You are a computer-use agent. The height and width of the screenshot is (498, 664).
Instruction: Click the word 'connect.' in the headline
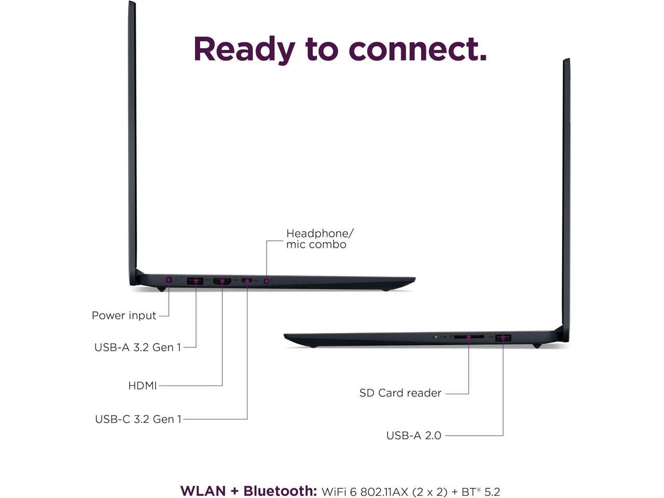[418, 49]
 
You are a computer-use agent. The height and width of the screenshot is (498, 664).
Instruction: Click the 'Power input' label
[124, 315]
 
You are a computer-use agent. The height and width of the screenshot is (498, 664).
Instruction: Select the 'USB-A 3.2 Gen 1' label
[137, 347]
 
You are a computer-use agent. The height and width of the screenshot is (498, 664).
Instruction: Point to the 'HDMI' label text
[142, 385]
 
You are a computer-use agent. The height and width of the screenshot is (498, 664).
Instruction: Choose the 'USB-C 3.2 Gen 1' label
[138, 419]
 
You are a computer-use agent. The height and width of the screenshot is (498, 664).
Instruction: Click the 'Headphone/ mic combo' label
[319, 239]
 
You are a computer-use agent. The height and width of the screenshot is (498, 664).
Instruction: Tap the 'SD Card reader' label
[400, 393]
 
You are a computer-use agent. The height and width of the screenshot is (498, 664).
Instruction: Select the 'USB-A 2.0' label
[413, 435]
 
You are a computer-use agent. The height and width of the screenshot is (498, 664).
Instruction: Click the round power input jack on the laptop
[169, 280]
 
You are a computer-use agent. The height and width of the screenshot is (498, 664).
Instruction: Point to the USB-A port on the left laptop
[195, 281]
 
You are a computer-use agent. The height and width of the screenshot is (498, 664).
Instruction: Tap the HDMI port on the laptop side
[222, 281]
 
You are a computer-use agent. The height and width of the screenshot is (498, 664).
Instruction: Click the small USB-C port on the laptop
[247, 281]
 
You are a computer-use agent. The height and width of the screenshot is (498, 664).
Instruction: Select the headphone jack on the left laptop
[267, 281]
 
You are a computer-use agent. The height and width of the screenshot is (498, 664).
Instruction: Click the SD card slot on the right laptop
[468, 337]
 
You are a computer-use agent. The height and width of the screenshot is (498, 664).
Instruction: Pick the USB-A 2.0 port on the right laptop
[503, 338]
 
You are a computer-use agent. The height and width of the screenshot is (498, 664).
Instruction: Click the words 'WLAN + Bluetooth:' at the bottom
[248, 491]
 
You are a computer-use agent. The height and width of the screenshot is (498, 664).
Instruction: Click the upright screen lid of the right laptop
[566, 197]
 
